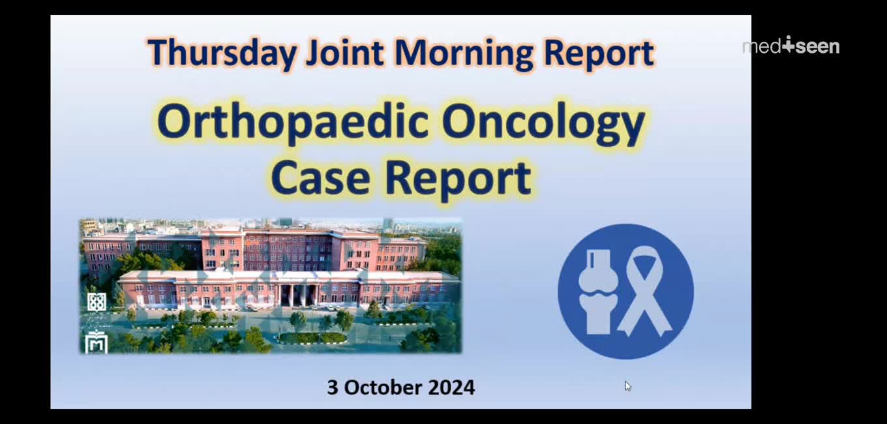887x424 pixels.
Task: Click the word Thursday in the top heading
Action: pyautogui.click(x=222, y=53)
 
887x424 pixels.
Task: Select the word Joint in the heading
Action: pyautogui.click(x=345, y=53)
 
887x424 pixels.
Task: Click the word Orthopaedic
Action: pyautogui.click(x=293, y=122)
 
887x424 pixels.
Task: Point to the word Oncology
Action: pyautogui.click(x=544, y=123)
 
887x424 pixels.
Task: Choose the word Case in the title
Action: pyautogui.click(x=320, y=178)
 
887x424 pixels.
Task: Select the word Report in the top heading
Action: pyautogui.click(x=599, y=53)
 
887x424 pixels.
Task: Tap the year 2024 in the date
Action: pyautogui.click(x=451, y=387)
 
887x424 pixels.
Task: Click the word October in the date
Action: pyautogui.click(x=383, y=387)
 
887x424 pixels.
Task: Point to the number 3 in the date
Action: pyautogui.click(x=332, y=387)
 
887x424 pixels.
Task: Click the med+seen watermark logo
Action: pyautogui.click(x=790, y=46)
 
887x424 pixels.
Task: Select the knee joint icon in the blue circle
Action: pyautogui.click(x=598, y=292)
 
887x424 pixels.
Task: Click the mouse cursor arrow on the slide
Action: pyautogui.click(x=627, y=386)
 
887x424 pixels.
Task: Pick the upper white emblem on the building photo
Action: pyautogui.click(x=97, y=302)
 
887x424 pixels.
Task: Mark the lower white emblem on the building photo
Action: pyautogui.click(x=97, y=341)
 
